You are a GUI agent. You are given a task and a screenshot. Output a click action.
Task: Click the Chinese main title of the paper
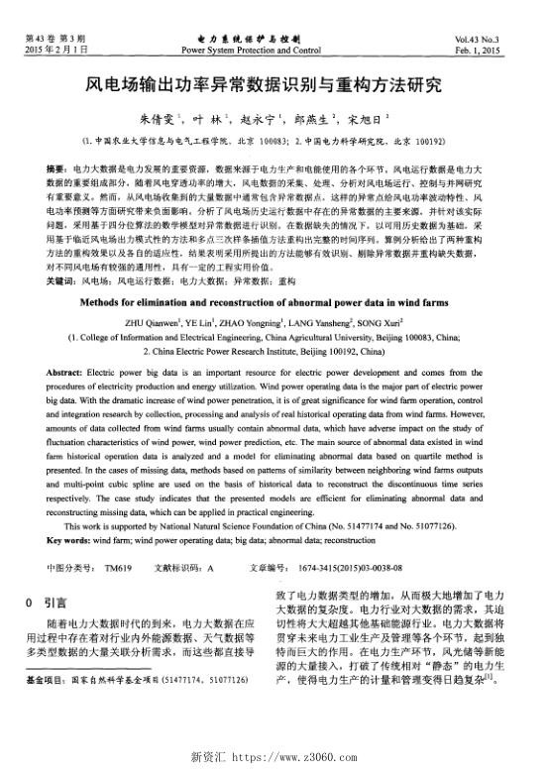coord(273,86)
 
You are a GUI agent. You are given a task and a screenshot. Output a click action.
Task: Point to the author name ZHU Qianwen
coord(149,293)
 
